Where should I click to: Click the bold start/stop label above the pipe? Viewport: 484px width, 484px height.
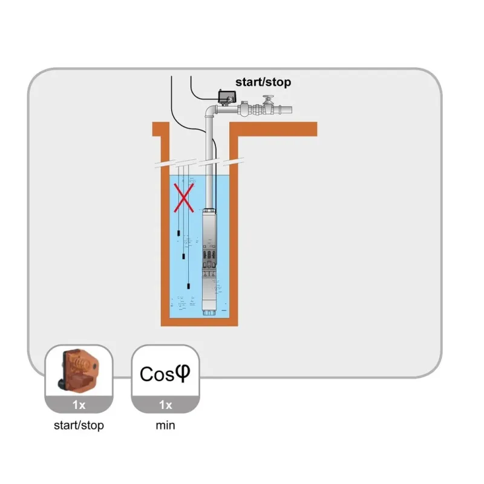point(263,82)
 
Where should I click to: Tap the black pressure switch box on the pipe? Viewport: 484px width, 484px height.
point(227,96)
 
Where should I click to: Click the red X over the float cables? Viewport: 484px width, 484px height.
point(184,198)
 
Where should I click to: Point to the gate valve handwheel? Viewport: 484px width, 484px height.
point(267,98)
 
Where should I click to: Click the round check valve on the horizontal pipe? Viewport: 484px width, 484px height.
point(245,110)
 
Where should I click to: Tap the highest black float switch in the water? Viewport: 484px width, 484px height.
point(179,232)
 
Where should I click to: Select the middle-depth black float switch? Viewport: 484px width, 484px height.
point(185,258)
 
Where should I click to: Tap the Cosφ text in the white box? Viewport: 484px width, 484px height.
point(165,373)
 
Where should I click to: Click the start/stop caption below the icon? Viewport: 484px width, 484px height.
point(79,425)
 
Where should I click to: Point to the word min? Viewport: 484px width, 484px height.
point(165,425)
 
